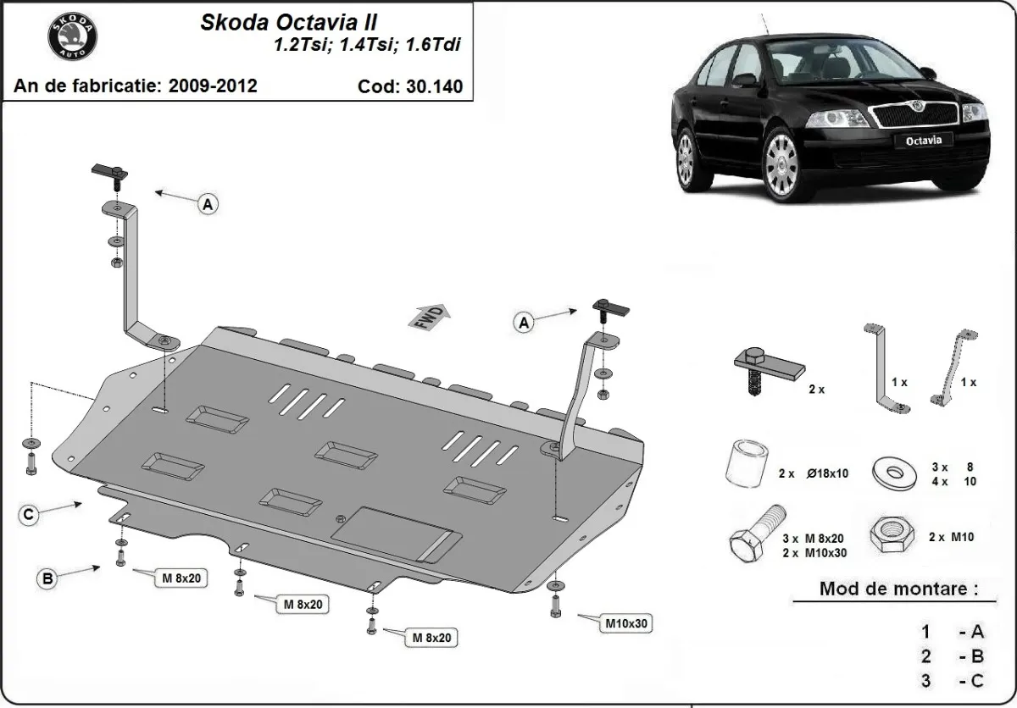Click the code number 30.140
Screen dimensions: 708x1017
(x=432, y=86)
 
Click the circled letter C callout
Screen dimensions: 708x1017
(x=28, y=514)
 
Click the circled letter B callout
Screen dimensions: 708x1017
(x=48, y=579)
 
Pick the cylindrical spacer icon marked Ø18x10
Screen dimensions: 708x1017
(x=746, y=466)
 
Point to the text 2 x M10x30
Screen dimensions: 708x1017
(x=814, y=552)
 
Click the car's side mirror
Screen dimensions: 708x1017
(x=745, y=80)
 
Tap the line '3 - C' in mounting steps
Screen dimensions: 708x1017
(x=953, y=681)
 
